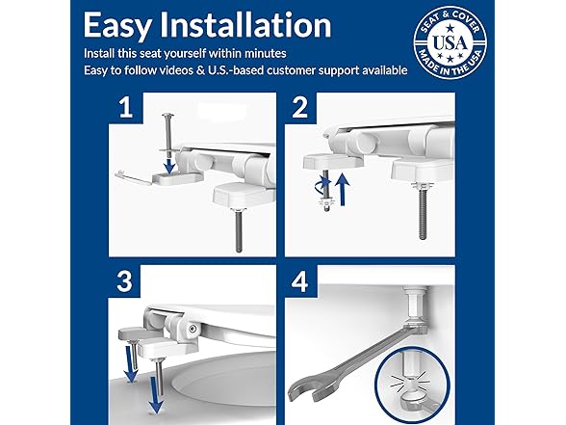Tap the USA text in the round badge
coord(450,43)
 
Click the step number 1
coord(125,107)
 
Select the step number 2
coord(299,107)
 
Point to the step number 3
coord(125,280)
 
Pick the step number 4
coord(300,281)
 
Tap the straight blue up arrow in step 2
coord(343,189)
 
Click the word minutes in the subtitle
coord(266,54)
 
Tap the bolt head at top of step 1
coord(168,116)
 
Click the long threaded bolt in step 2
coord(423,213)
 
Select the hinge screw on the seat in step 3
coord(193,328)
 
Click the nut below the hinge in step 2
coord(326,202)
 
